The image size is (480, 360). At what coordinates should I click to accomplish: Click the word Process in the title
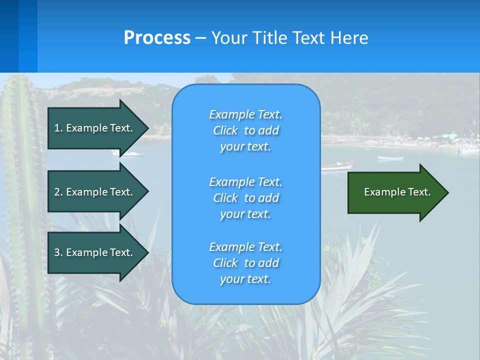(x=157, y=38)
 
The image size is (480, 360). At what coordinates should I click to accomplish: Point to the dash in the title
(x=200, y=38)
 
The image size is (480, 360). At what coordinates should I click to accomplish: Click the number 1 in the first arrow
(x=57, y=128)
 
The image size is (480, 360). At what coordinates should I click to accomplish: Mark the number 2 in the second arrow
(x=57, y=192)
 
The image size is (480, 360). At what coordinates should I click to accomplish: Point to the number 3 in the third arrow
(x=57, y=252)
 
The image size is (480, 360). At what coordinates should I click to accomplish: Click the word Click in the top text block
(x=225, y=131)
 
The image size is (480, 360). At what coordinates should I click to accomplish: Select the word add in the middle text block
(x=268, y=198)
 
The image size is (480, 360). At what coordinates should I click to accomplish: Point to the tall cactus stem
(x=22, y=200)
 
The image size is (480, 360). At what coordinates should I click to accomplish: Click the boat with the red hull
(x=337, y=165)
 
